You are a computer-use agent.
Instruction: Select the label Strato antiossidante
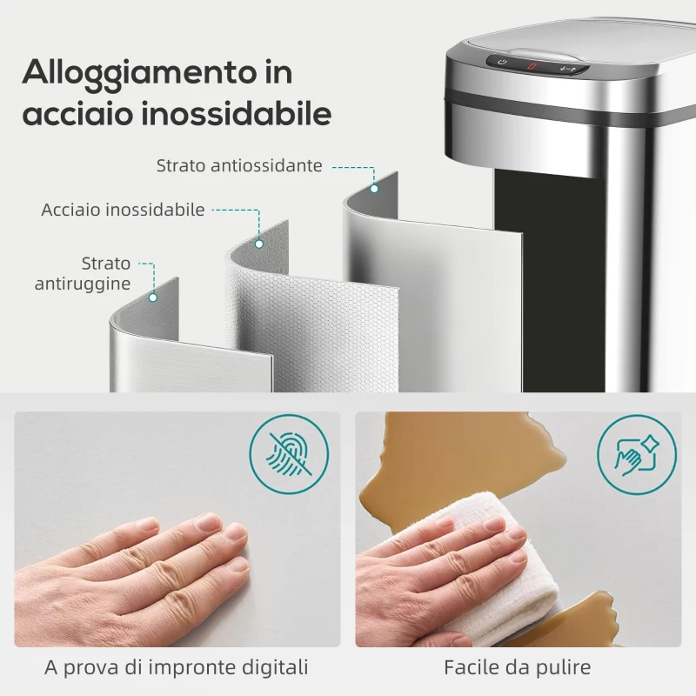point(239,165)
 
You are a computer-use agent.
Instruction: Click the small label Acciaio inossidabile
point(124,210)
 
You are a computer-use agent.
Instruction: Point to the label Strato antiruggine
point(84,273)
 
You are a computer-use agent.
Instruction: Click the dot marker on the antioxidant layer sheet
point(374,188)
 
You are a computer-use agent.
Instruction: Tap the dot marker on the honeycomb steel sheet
point(259,244)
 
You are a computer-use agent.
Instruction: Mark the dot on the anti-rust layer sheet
point(153,297)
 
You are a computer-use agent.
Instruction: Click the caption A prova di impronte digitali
point(177,668)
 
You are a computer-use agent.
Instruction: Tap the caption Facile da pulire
point(517,668)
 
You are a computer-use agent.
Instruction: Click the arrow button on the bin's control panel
point(569,66)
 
